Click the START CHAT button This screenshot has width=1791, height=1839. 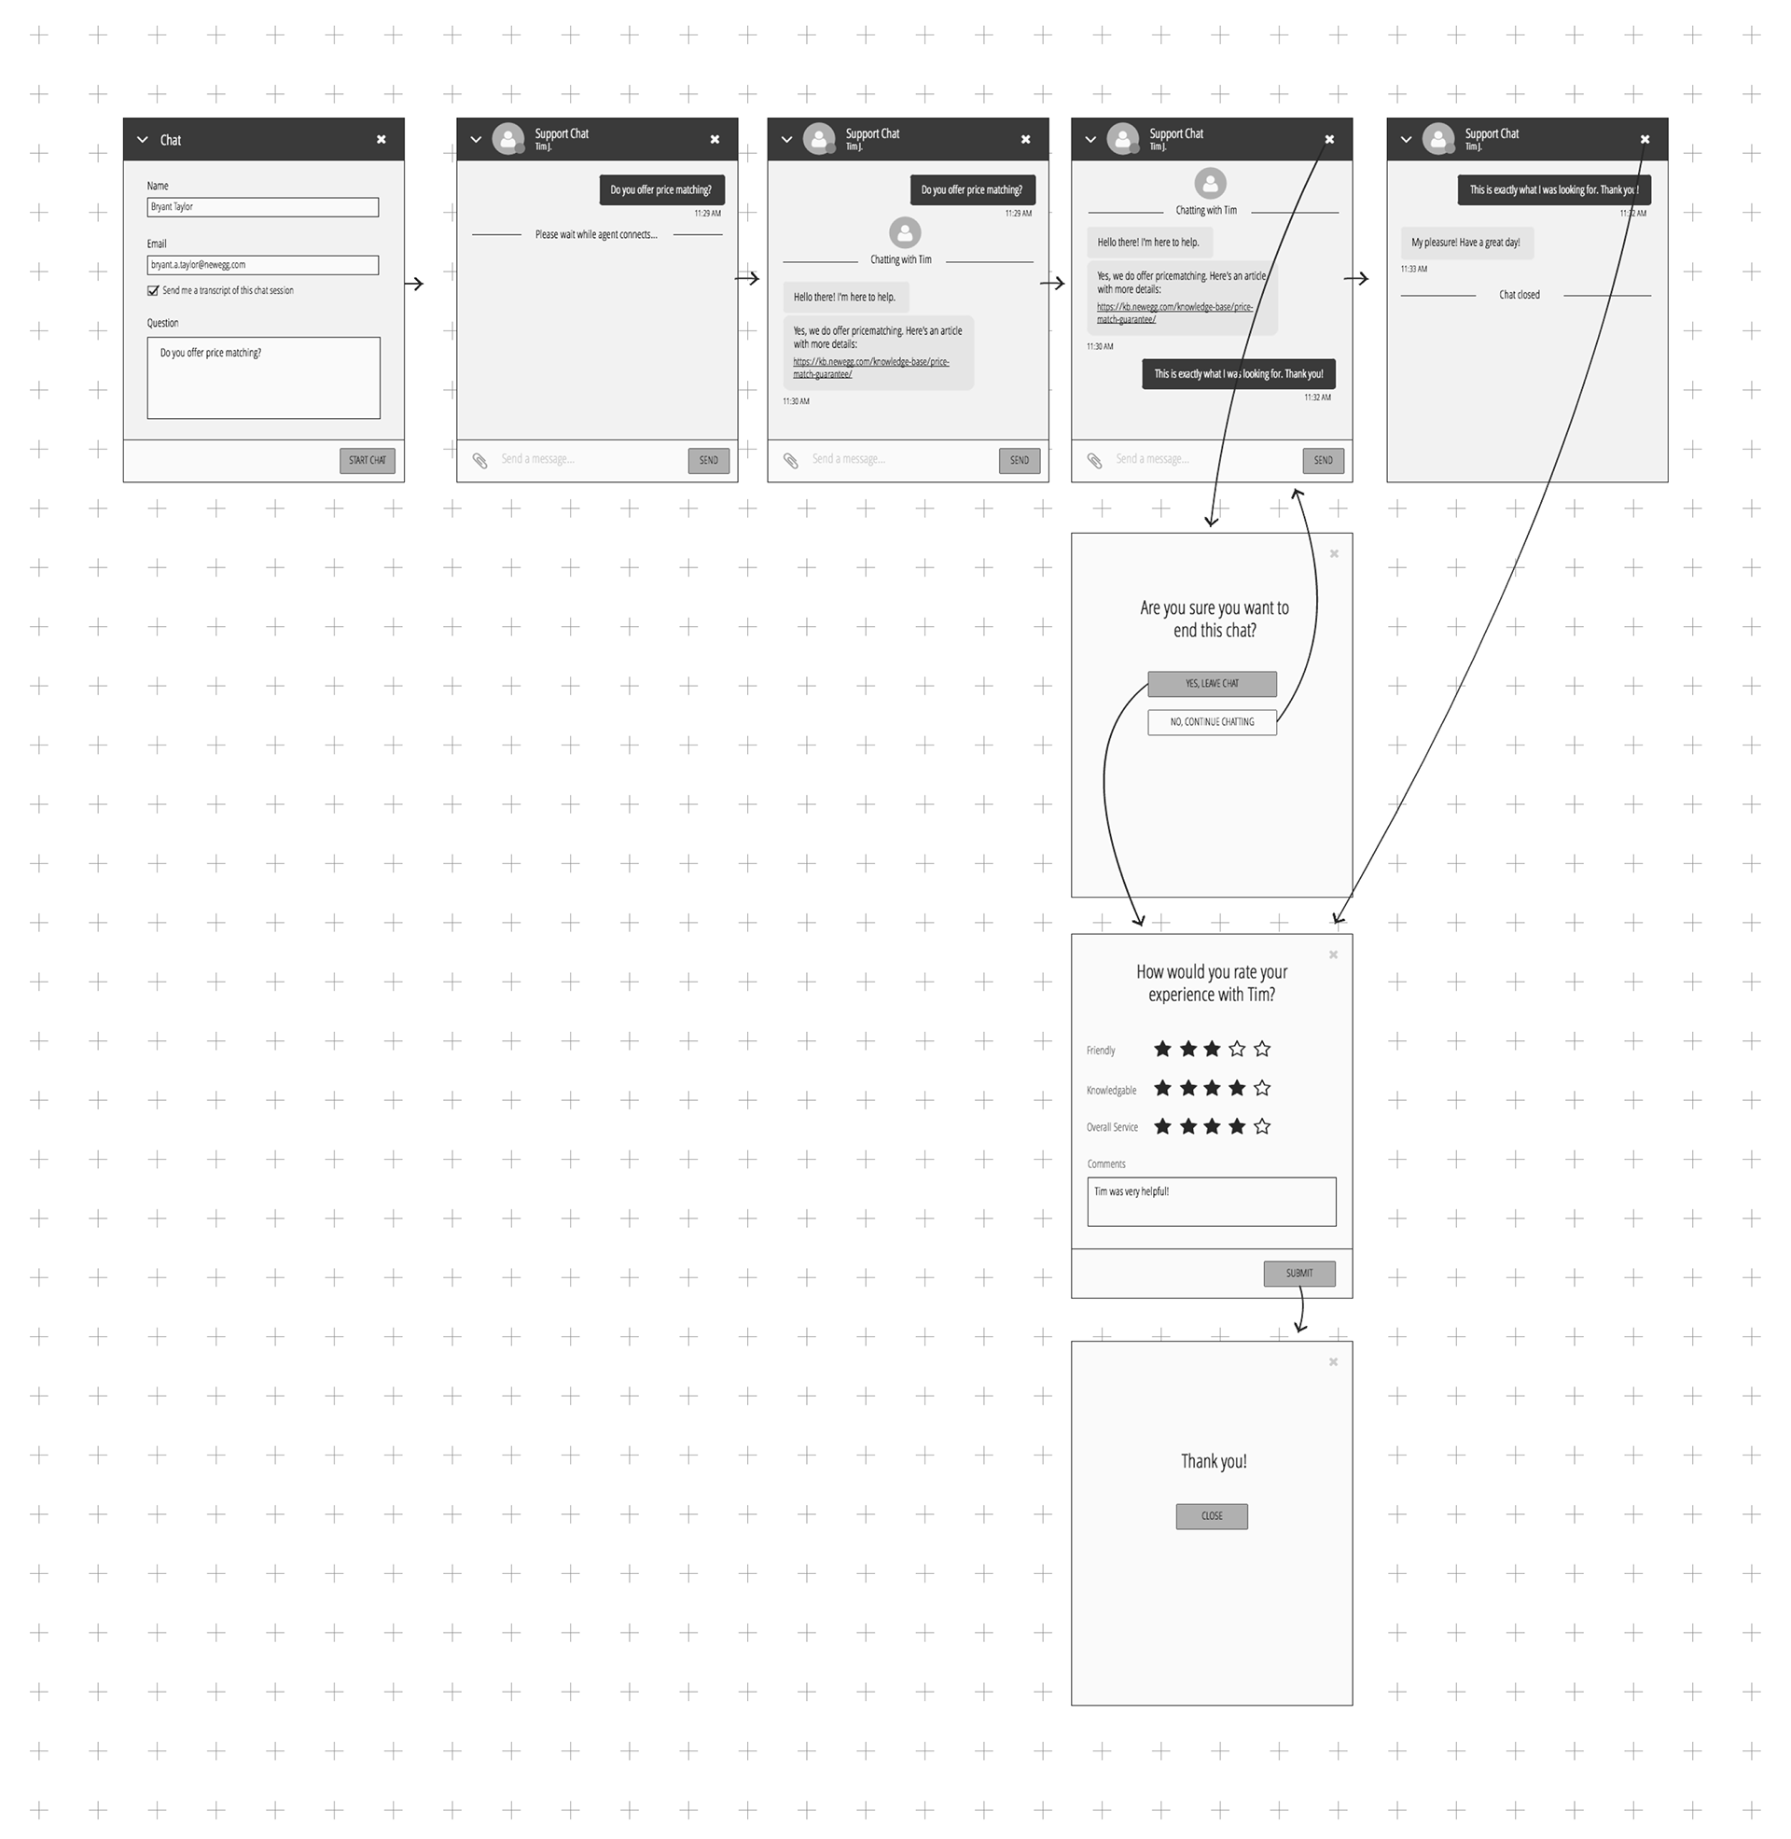coord(367,460)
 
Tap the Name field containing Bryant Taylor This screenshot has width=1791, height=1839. coord(262,207)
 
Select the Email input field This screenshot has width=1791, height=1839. coord(262,265)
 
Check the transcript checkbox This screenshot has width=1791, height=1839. coord(152,291)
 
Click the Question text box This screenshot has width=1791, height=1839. coord(263,377)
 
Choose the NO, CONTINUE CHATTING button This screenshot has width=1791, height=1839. coord(1212,722)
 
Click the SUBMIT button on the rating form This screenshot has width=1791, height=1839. coord(1299,1273)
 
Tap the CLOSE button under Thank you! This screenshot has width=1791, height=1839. coord(1212,1515)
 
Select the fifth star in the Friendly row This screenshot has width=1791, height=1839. coord(1262,1049)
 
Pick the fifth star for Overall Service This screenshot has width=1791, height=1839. coord(1262,1127)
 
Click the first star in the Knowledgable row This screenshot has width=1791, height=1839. coord(1162,1088)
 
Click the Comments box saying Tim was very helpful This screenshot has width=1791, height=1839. coord(1212,1201)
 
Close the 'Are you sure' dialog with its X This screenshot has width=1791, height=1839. coord(1334,554)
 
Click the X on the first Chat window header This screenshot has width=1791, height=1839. coord(381,139)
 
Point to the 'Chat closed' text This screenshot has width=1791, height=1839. coord(1520,296)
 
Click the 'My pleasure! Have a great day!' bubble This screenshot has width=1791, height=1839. coord(1465,243)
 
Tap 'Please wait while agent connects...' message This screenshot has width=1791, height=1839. coord(596,234)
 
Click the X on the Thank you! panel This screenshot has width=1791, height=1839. coord(1333,1362)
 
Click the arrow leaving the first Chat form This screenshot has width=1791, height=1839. coord(415,283)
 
